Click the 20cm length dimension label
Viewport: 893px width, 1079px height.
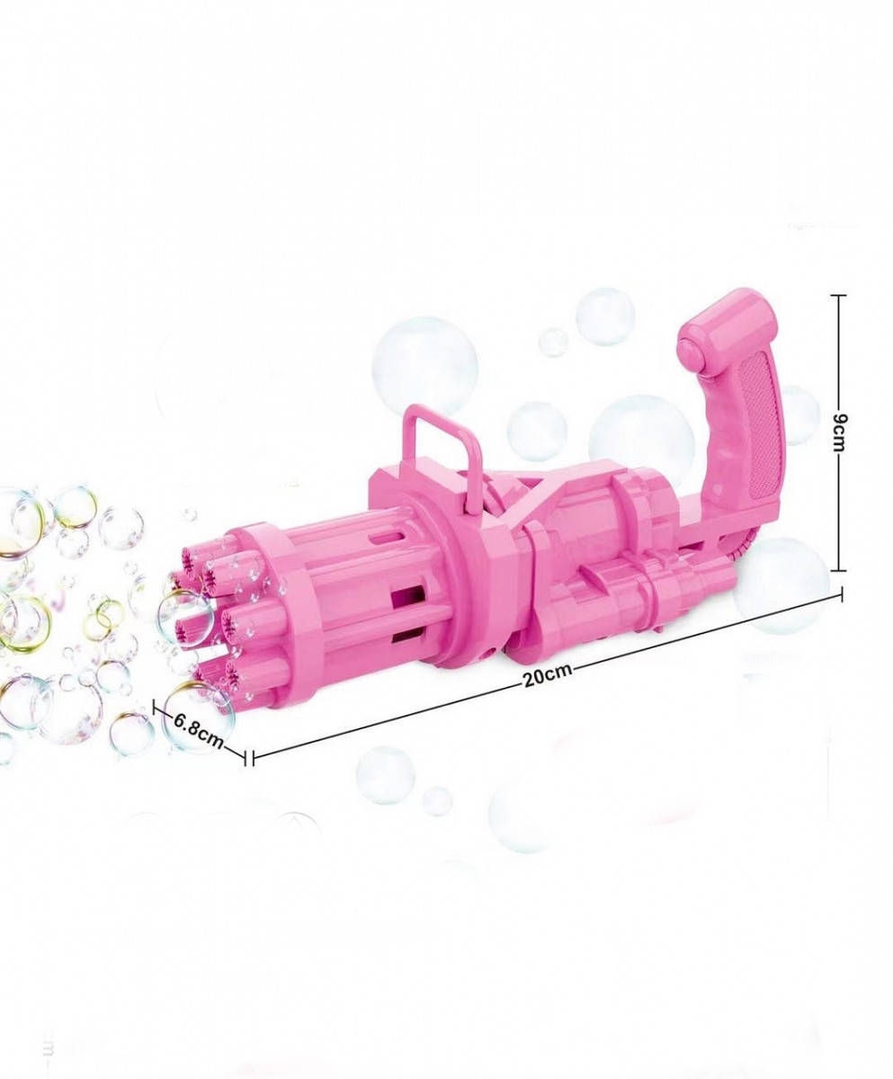(x=548, y=675)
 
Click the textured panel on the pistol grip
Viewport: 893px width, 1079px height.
(x=761, y=425)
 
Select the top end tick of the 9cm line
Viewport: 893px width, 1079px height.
(x=838, y=295)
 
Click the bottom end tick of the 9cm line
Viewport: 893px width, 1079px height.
(x=838, y=570)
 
